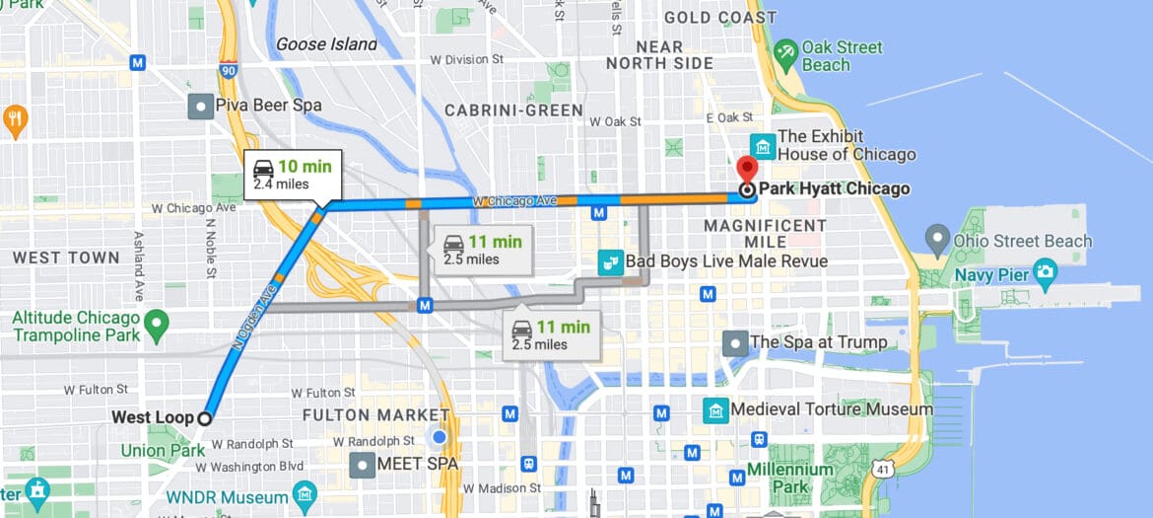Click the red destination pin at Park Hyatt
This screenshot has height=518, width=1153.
point(747,168)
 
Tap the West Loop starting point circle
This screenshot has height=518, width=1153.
point(204,418)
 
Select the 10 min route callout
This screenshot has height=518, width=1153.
point(294,174)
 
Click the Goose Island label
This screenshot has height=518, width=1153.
point(326,44)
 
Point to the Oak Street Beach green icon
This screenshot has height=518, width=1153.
point(785,54)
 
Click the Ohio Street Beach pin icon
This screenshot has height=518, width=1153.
point(937,239)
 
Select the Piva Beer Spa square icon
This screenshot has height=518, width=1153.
point(202,105)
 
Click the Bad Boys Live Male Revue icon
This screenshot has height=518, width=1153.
point(611,261)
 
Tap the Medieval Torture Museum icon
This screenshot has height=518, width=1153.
point(715,408)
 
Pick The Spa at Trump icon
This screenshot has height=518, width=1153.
point(734,343)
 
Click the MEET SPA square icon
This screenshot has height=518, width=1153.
point(364,464)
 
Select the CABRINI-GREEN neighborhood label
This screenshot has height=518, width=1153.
point(513,111)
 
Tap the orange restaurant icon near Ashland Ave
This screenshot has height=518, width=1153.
point(15,120)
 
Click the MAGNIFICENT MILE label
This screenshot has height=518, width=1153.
point(765,234)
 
